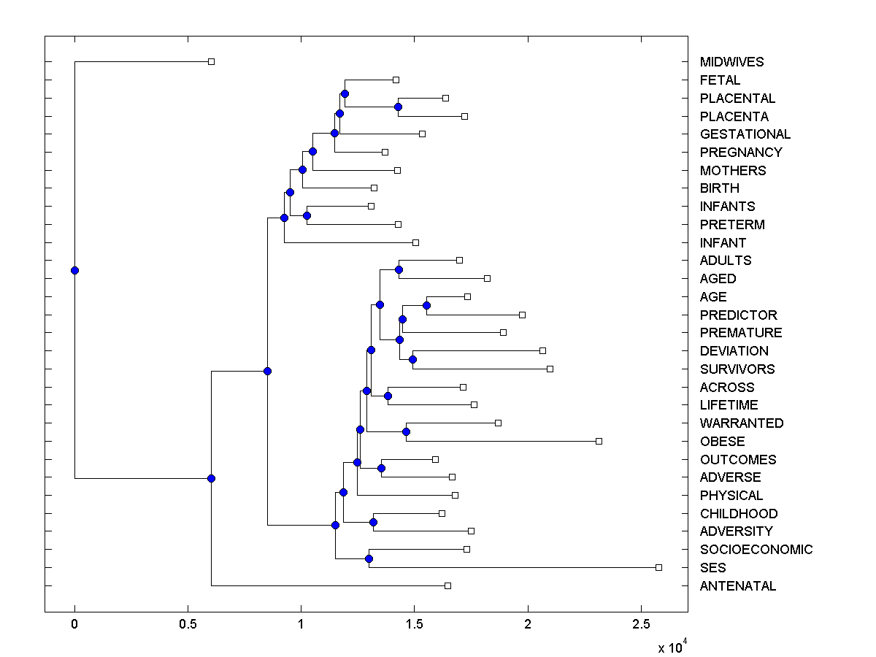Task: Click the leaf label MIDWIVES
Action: pos(731,62)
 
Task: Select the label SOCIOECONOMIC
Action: pos(756,550)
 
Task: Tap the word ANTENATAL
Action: pos(737,586)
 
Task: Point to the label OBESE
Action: pos(722,442)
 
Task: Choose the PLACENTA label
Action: pos(734,117)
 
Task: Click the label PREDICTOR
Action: pos(738,315)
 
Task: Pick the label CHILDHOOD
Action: pos(738,514)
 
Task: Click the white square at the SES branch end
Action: pos(658,567)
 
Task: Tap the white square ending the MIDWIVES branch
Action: pos(211,61)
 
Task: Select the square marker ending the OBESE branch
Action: pos(599,441)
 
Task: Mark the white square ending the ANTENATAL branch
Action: pos(447,585)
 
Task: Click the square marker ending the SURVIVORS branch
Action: pos(550,369)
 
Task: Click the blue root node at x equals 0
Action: pos(74,270)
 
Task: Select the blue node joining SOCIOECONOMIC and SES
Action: pos(369,558)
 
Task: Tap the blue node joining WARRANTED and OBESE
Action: pos(406,431)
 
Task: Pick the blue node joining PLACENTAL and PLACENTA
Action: pos(398,107)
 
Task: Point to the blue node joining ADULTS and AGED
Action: pos(399,269)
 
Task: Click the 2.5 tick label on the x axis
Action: pos(641,626)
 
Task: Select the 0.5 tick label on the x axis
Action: pos(188,626)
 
